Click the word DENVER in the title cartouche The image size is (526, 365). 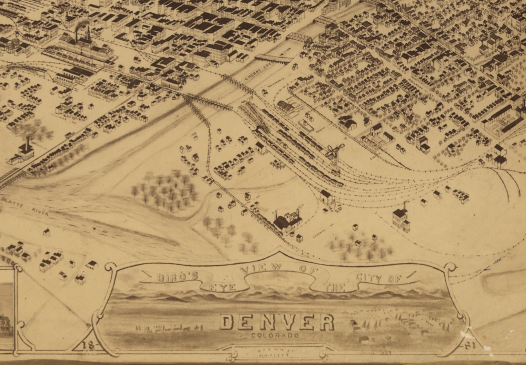pos(277,322)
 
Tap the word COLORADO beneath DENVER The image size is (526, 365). pos(275,336)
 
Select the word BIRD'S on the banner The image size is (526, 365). pos(177,277)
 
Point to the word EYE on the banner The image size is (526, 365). pos(222,287)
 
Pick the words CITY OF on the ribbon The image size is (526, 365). pos(378,278)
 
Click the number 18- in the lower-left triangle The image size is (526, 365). pos(88,345)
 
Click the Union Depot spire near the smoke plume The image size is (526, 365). pos(88,34)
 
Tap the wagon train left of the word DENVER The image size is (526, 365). pos(168,328)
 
